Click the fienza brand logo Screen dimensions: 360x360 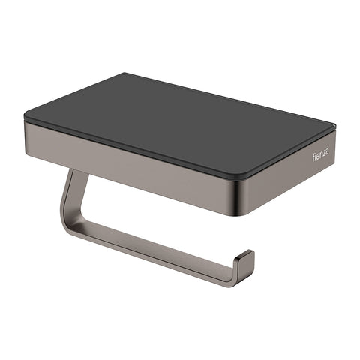(319, 154)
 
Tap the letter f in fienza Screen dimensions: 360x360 (316, 160)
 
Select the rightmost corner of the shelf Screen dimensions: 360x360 (335, 127)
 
